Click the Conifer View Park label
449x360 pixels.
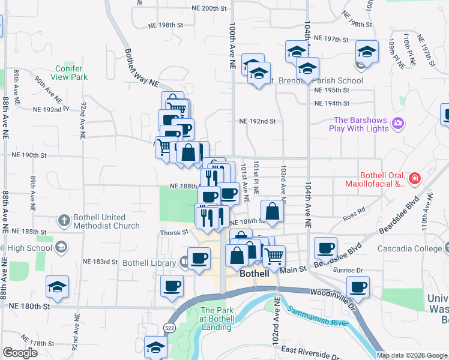point(70,73)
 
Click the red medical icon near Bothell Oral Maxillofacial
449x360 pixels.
point(414,179)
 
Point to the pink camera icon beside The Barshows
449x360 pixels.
point(397,124)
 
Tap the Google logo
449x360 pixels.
point(20,352)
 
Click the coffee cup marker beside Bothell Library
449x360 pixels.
point(199,259)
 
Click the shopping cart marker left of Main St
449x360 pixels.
point(274,256)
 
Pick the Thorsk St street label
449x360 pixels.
point(174,233)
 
